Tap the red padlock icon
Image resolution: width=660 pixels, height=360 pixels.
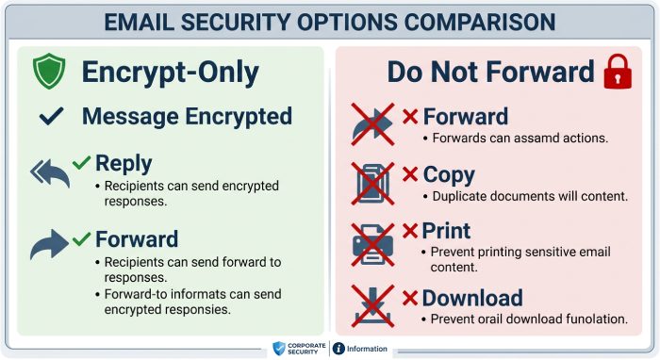tap(618, 72)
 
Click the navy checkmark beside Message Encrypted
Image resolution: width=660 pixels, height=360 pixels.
tap(52, 118)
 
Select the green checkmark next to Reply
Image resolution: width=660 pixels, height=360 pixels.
tap(82, 162)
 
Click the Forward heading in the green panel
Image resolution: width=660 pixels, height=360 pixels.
tap(137, 238)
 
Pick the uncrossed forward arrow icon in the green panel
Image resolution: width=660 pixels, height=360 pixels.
tap(49, 246)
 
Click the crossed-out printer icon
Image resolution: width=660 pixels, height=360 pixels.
tap(372, 243)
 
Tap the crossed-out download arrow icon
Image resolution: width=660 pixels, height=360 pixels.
tap(372, 304)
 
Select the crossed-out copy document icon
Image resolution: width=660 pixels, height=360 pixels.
tap(372, 183)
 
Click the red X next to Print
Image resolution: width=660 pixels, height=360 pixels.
tap(410, 232)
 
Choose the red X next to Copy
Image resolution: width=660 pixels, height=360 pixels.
tap(410, 174)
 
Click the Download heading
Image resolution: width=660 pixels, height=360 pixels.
tap(471, 299)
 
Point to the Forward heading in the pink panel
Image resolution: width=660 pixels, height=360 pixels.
tap(465, 117)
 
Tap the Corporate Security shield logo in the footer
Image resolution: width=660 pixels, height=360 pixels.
tap(278, 349)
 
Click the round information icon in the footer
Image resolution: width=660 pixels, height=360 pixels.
tap(338, 349)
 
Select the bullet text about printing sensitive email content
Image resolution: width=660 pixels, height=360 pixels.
tap(521, 259)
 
